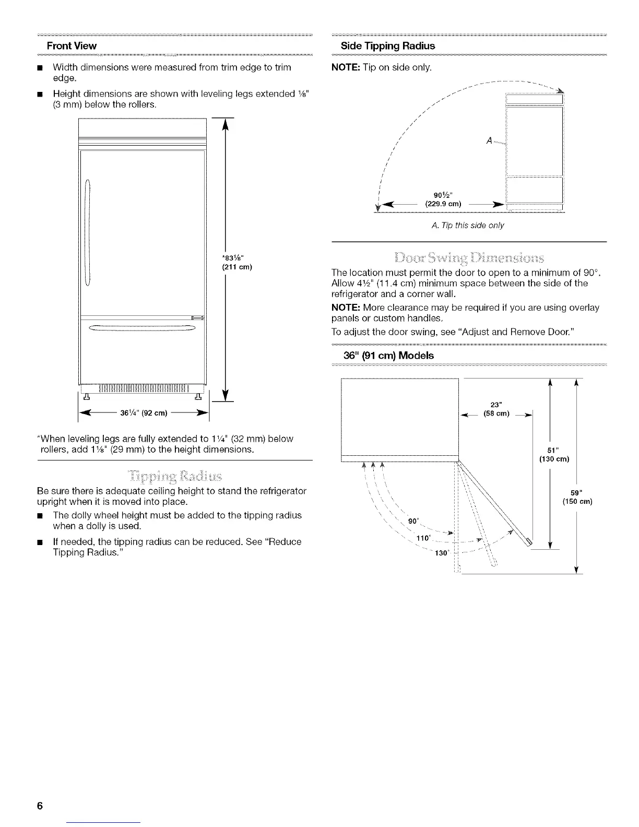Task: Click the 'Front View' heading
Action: (72, 46)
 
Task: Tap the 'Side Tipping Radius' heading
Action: (387, 46)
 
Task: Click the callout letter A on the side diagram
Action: (489, 140)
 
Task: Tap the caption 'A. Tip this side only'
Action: (468, 226)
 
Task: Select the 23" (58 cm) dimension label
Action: (496, 409)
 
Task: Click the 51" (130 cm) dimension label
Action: (554, 455)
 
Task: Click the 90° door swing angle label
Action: (413, 521)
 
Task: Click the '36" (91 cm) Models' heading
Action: (388, 356)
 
